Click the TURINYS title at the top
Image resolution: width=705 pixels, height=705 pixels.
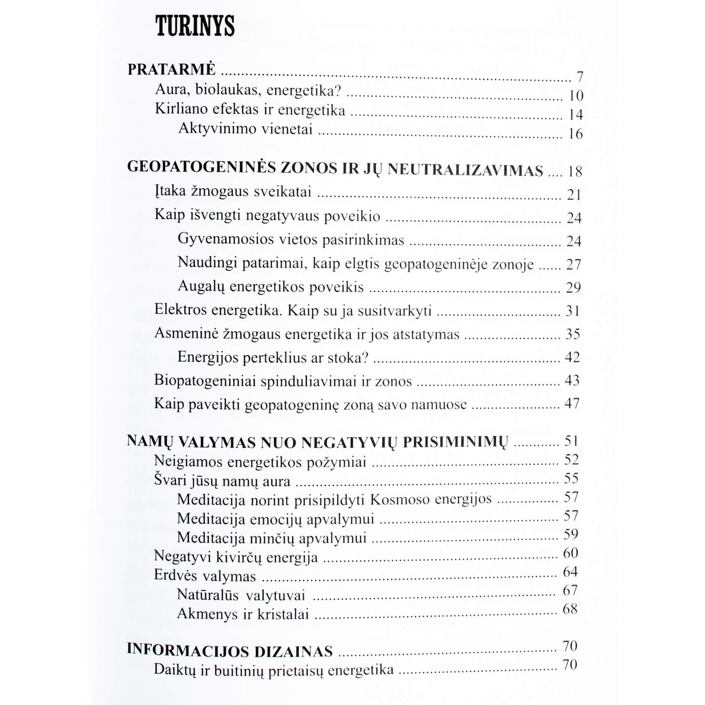(195, 27)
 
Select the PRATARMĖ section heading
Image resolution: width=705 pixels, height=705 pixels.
(171, 70)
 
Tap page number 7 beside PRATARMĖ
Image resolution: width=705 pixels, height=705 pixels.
(580, 77)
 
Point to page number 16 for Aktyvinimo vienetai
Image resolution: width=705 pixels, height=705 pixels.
(576, 134)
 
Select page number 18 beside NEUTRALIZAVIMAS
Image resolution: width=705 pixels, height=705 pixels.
(575, 171)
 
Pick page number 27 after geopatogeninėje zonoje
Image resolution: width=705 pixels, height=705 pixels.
(574, 264)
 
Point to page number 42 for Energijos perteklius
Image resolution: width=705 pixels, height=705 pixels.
(572, 357)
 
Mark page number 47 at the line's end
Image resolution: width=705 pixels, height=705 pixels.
(572, 403)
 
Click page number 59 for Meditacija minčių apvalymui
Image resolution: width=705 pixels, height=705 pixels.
(571, 534)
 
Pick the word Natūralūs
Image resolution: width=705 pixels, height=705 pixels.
(207, 595)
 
